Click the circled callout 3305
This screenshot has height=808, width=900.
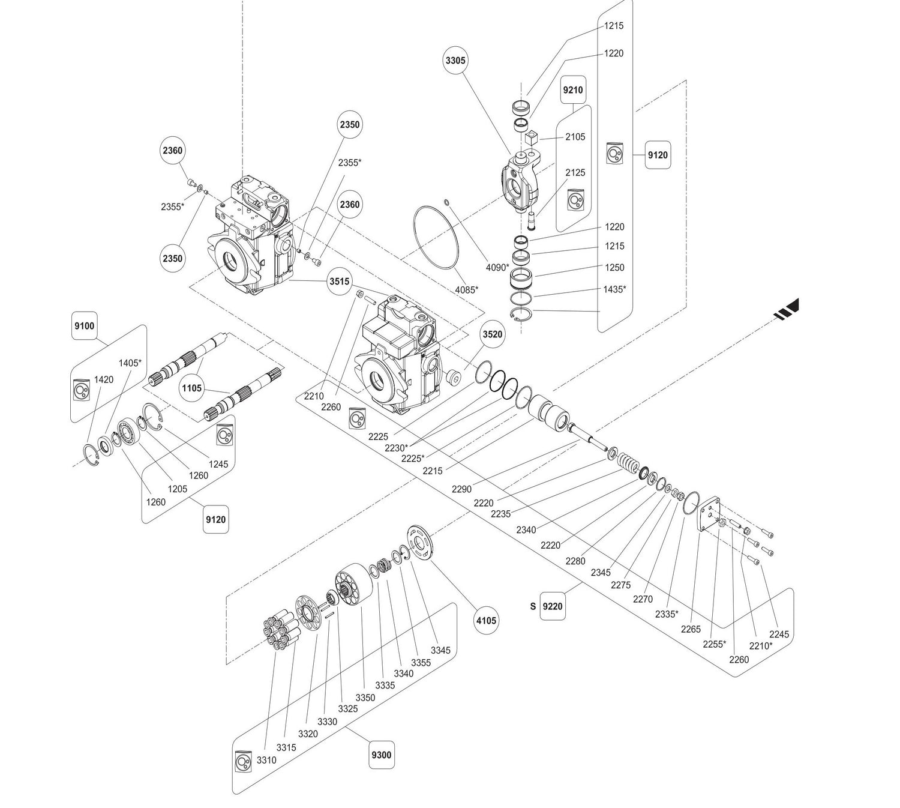[455, 61]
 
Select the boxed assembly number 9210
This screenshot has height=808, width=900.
[572, 90]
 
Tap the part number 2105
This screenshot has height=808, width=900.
[575, 137]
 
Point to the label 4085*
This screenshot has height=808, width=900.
[466, 290]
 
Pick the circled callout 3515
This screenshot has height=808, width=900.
[339, 282]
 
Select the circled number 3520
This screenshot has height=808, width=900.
[492, 334]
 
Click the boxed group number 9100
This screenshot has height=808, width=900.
[84, 326]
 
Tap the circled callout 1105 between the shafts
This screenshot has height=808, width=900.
[192, 388]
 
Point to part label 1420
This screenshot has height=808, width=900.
[104, 379]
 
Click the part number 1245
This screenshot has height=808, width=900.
[218, 464]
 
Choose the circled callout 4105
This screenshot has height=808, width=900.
[486, 621]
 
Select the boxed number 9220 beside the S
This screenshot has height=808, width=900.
[553, 606]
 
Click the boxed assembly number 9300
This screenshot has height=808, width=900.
[382, 755]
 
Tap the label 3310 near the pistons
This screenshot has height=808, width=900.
[266, 760]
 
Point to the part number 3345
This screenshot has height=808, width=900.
[440, 651]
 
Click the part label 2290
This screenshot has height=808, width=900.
[461, 489]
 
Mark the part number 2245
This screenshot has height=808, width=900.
[779, 635]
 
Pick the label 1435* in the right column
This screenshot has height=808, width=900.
[614, 289]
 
